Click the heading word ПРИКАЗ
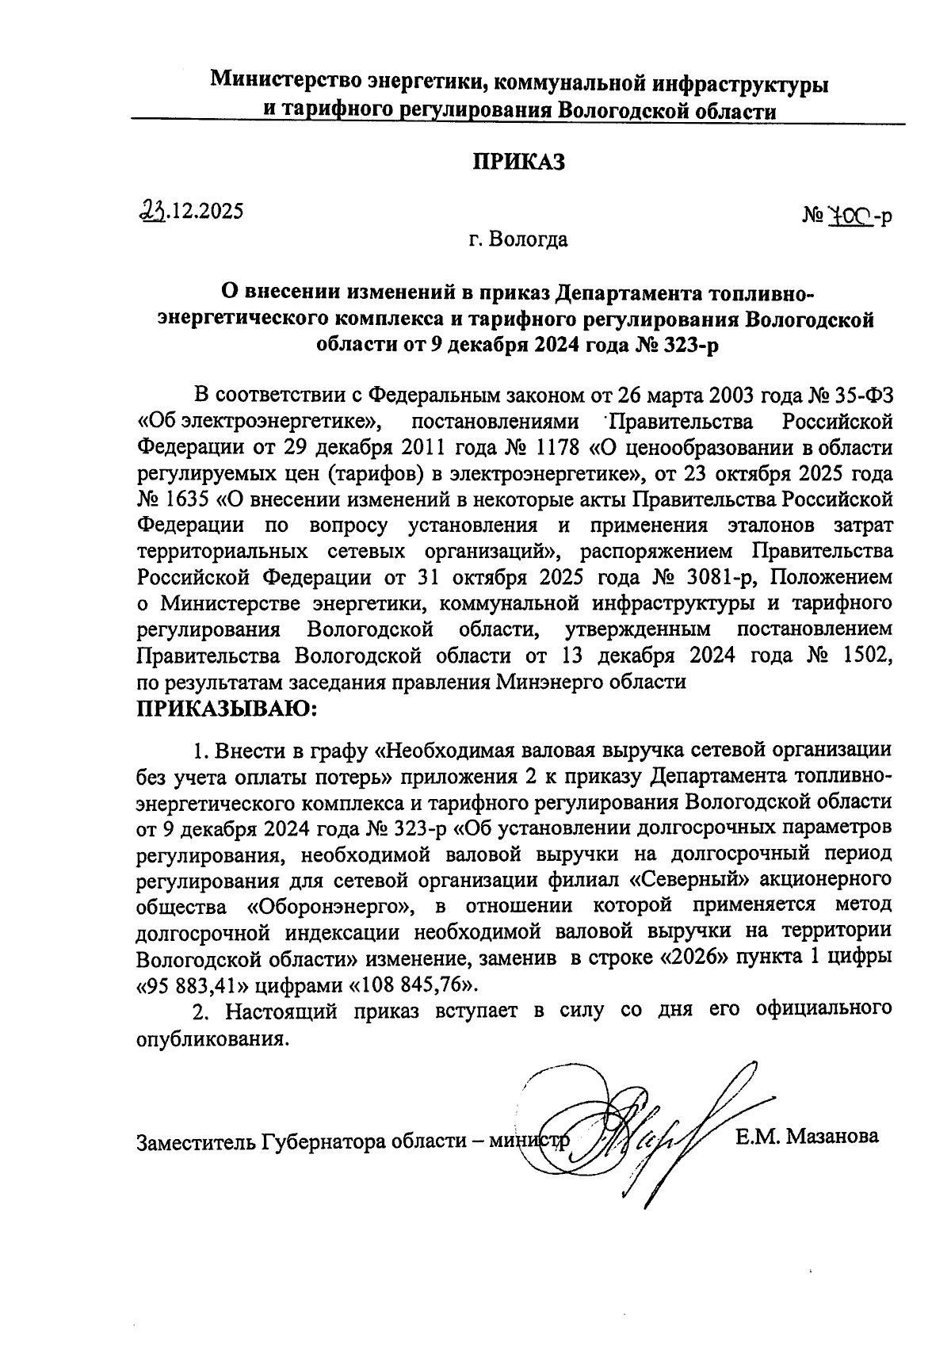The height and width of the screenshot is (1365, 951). (x=519, y=162)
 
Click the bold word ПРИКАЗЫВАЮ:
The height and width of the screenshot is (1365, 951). (x=227, y=707)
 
